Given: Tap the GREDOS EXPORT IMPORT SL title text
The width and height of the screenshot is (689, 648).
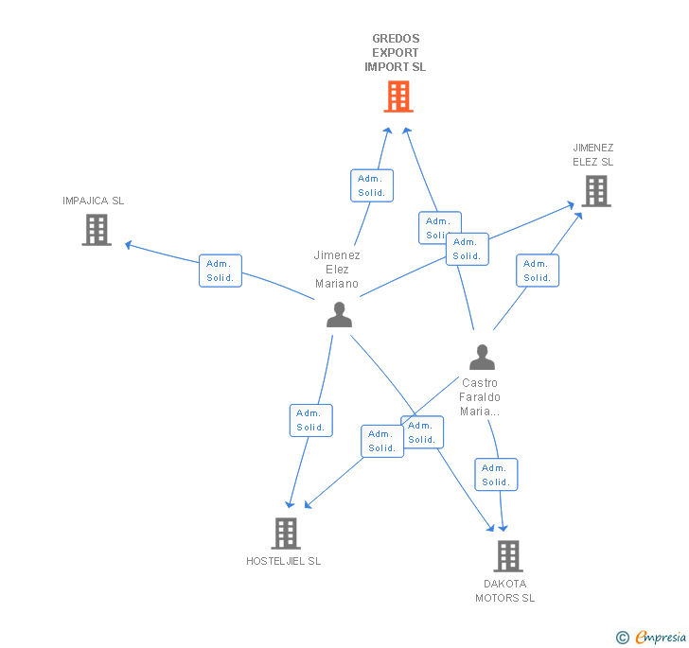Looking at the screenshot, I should [396, 53].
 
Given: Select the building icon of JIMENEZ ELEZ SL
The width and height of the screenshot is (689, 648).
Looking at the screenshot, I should [595, 191].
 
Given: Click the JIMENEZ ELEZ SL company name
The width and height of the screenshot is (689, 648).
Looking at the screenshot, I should [592, 154].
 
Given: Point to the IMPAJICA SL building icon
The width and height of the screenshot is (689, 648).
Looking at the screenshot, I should [97, 230].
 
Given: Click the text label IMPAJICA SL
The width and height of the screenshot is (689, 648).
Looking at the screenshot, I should [93, 201].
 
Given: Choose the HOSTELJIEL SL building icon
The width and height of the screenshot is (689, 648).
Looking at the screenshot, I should [285, 534].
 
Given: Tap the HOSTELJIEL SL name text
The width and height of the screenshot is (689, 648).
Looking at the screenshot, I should [283, 561].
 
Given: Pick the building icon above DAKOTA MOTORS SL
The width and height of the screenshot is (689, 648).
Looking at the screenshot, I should [507, 555].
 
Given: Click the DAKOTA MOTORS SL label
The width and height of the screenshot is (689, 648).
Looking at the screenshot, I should [504, 590].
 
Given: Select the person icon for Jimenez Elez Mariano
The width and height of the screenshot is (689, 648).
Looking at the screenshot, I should [339, 315].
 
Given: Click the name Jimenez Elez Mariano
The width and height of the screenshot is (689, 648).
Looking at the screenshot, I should [337, 269].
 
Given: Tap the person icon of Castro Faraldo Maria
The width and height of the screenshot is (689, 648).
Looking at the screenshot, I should [482, 358].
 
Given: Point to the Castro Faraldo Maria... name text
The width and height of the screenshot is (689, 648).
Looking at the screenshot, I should [480, 397].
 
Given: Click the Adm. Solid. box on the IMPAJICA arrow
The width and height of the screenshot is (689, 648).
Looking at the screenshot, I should [221, 271].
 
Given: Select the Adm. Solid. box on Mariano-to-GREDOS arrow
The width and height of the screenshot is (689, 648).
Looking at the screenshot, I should [372, 185].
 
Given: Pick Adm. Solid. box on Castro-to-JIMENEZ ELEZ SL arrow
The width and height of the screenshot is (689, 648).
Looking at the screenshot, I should [538, 271].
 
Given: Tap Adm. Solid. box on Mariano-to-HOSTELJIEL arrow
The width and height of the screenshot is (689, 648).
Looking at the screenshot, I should [310, 420].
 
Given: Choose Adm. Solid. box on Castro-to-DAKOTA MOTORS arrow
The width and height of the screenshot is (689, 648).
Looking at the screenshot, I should [496, 475].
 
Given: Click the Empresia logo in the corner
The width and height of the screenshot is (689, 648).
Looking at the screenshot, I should [651, 638].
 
